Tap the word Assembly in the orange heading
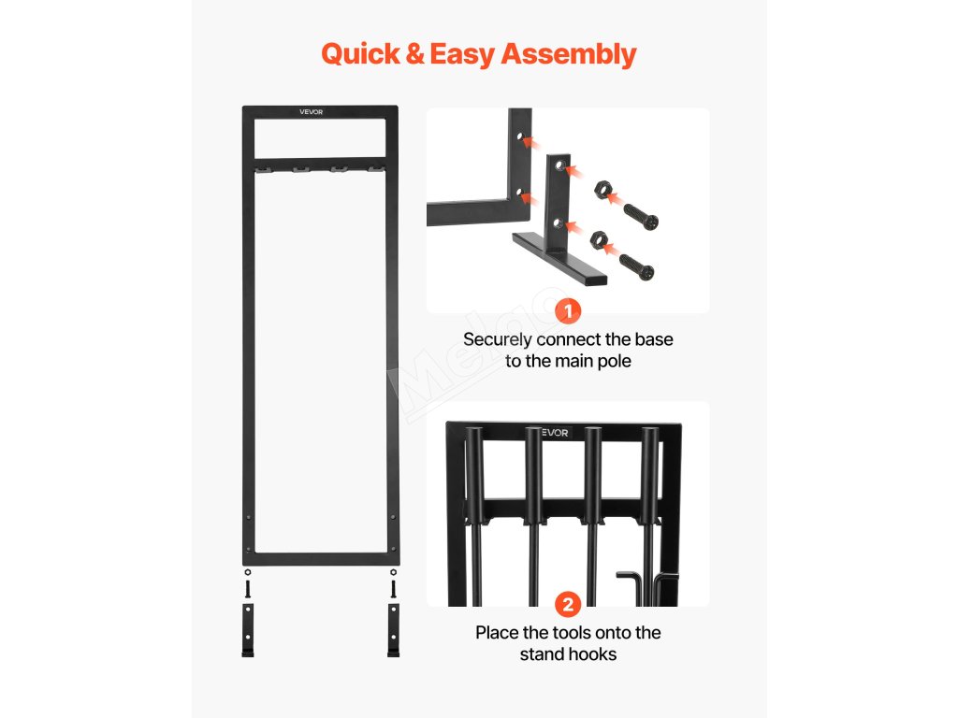coord(569,54)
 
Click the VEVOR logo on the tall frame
coord(311,112)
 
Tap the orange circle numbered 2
coord(568,604)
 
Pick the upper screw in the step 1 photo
coord(642,214)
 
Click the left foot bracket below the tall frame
coord(248,630)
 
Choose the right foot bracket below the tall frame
coord(392,630)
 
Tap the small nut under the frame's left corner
coord(247,572)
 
